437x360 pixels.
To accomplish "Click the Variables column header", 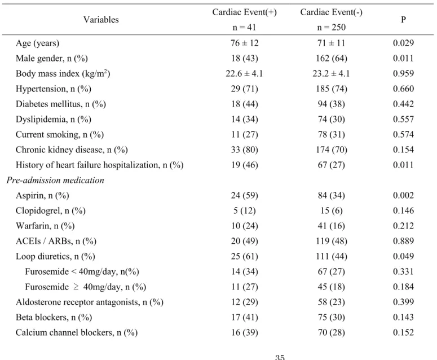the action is coord(101,20).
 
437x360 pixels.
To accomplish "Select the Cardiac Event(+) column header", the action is coord(244,12).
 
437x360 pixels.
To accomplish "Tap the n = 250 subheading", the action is coord(332,27).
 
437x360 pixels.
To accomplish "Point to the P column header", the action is coord(403,20).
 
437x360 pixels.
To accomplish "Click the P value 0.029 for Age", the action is coord(403,43).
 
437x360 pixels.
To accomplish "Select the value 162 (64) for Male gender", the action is coord(332,58).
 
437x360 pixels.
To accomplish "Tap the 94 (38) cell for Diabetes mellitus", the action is coord(332,104).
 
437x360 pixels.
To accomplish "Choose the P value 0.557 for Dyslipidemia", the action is coord(403,120).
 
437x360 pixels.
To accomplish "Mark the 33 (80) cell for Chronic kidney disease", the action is coord(244,150).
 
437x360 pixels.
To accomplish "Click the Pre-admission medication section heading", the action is coord(55,180).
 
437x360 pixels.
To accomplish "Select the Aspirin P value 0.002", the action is coord(403,195).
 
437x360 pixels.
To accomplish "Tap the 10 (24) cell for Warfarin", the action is coord(244,226).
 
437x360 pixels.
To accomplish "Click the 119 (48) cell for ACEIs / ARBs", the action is coord(332,241).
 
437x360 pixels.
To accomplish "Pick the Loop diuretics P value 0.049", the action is coord(403,256).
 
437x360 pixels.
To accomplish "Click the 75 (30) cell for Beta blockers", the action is coord(332,317).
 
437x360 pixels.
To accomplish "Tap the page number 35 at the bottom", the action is coord(280,357).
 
